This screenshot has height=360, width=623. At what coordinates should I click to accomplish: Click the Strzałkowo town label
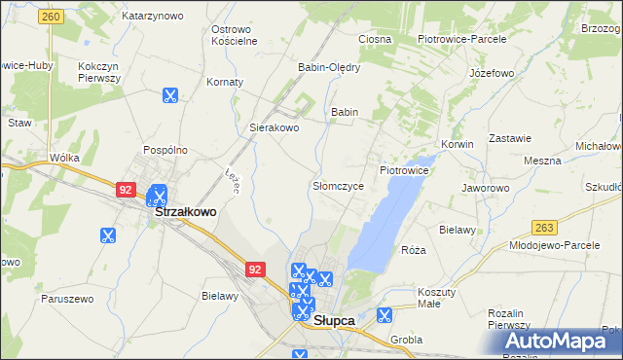[x=186, y=209]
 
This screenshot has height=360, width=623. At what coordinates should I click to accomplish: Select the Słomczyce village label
[x=338, y=185]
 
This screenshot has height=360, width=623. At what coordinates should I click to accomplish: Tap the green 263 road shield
[x=545, y=227]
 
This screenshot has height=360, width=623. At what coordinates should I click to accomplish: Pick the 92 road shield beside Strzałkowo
[x=125, y=190]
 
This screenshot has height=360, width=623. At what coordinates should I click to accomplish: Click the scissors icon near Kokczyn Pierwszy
[x=169, y=95]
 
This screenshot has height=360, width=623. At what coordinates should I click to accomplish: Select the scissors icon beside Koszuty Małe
[x=385, y=314]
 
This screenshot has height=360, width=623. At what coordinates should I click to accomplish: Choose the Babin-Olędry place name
[x=329, y=67]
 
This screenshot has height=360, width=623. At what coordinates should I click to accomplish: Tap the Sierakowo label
[x=275, y=127]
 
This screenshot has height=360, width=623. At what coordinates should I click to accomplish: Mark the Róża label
[x=414, y=250]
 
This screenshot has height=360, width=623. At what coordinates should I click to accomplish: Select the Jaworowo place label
[x=486, y=188]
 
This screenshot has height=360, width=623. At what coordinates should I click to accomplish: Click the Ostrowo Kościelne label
[x=234, y=35]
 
